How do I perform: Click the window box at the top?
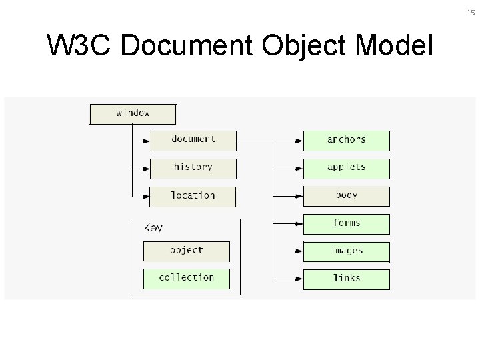click(133, 113)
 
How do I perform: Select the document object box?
click(193, 140)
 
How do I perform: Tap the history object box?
click(193, 168)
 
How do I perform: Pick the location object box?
click(193, 196)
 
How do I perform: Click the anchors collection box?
click(346, 140)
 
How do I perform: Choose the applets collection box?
click(346, 168)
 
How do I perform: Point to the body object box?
click(346, 196)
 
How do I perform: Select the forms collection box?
click(346, 224)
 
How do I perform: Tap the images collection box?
click(346, 251)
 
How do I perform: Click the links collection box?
click(346, 279)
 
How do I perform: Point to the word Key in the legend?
click(153, 228)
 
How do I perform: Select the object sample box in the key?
click(186, 251)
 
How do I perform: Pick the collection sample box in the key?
click(186, 278)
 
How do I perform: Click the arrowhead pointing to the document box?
click(146, 141)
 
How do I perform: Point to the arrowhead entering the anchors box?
click(299, 141)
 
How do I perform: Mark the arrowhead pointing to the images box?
click(299, 252)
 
